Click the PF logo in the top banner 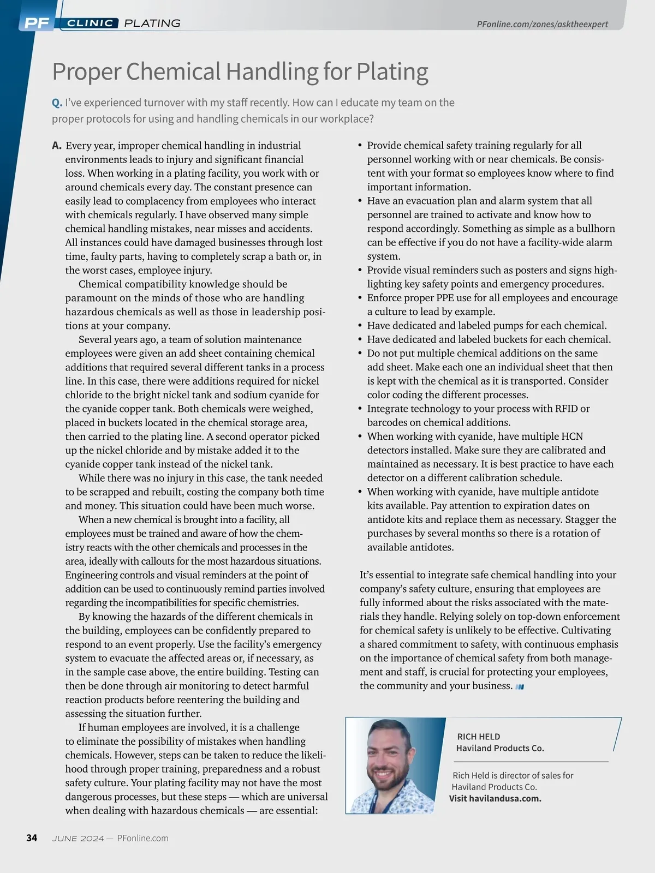coord(37,23)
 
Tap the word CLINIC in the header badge coord(90,23)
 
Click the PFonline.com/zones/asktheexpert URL coord(542,25)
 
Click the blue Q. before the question coord(57,103)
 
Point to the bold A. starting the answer coord(57,146)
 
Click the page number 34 coord(32,838)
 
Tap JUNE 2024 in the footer coord(78,839)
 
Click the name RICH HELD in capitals coord(478,737)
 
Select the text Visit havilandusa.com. coord(495,799)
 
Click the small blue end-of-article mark coord(520,687)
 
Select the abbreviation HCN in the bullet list coord(571,436)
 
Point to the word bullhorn coord(592,229)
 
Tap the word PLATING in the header coord(152,23)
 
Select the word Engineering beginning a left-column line coord(91,575)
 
